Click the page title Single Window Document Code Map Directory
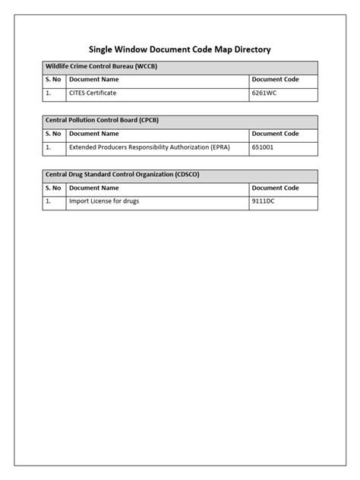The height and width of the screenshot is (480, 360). click(180, 49)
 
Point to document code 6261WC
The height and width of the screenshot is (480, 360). click(265, 93)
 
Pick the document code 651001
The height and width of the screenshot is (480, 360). click(263, 147)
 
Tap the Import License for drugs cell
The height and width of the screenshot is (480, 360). click(104, 201)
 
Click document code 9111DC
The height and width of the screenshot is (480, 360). click(264, 201)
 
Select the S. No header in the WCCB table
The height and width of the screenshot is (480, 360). click(54, 79)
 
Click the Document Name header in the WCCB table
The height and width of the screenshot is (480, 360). click(93, 79)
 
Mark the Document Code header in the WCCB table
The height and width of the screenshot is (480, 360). click(275, 79)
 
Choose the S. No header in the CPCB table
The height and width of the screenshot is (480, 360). click(54, 134)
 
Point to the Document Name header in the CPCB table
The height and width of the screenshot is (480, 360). click(93, 134)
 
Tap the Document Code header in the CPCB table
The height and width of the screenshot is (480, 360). click(275, 134)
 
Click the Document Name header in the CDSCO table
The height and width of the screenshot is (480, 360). click(93, 188)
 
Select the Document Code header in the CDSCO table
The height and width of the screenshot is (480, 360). click(275, 188)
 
